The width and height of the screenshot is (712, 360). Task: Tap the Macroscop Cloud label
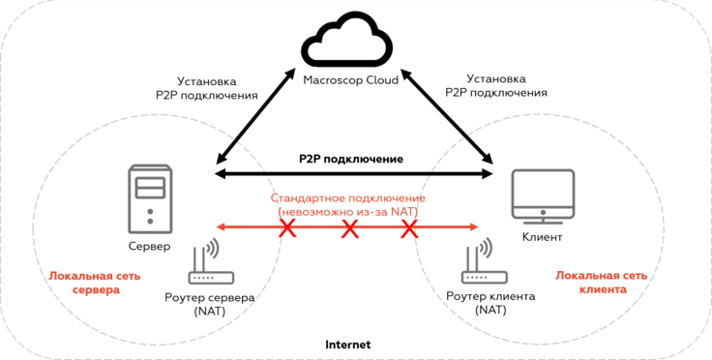coord(350,80)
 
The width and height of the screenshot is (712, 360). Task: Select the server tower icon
coord(150,200)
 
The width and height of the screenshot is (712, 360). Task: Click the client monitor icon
coord(543,197)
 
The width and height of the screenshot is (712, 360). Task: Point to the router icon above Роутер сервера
coord(210,262)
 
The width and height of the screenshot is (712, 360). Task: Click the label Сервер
coord(149,247)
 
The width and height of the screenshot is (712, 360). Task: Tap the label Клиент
coord(542,236)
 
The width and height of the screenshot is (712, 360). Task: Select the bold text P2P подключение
coord(351,160)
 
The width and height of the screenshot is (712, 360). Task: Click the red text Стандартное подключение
coord(347,198)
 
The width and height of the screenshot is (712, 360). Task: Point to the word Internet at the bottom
coord(348,345)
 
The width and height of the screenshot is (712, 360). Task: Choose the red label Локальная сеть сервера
coord(95,283)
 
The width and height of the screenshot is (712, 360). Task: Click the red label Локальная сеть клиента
coord(602,282)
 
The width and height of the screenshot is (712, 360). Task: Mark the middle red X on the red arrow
coord(349,227)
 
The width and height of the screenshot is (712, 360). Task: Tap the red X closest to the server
coord(288,227)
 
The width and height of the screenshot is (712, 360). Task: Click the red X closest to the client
coord(409,227)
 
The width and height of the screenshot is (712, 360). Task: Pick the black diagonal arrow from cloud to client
coord(447,116)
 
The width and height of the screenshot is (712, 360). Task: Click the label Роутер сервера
coord(209,298)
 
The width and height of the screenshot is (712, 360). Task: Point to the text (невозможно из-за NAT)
coord(347,211)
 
